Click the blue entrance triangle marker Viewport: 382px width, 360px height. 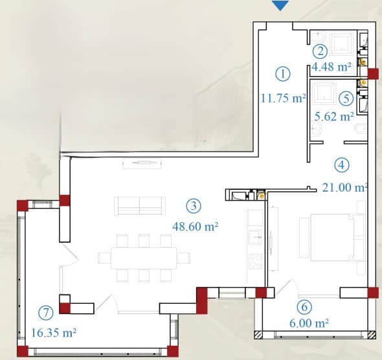pyautogui.click(x=280, y=5)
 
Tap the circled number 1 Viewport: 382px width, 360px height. pyautogui.click(x=283, y=74)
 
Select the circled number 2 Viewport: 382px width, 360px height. pyautogui.click(x=320, y=51)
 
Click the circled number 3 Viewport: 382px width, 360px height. pyautogui.click(x=194, y=206)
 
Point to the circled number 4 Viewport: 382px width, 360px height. pyautogui.click(x=342, y=165)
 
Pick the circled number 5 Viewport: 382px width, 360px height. pyautogui.click(x=346, y=98)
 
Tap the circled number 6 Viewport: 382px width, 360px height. pyautogui.click(x=304, y=307)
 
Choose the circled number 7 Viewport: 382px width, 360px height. pyautogui.click(x=46, y=313)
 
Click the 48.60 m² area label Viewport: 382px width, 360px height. pyautogui.click(x=195, y=227)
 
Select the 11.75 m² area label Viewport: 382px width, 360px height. pyautogui.click(x=284, y=98)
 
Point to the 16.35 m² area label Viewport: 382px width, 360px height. pyautogui.click(x=54, y=333)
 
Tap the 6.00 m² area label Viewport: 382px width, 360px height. pyautogui.click(x=309, y=323)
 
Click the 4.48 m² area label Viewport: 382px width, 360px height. pyautogui.click(x=331, y=67)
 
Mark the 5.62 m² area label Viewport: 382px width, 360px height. pyautogui.click(x=334, y=117)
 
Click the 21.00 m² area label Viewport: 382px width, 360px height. pyautogui.click(x=344, y=188)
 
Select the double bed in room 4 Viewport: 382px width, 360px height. pyautogui.click(x=337, y=238)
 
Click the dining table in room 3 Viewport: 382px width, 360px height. pyautogui.click(x=144, y=258)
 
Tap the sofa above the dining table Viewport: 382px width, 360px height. pyautogui.click(x=140, y=206)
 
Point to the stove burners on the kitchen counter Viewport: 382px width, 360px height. pyautogui.click(x=255, y=261)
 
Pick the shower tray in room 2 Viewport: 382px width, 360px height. pyautogui.click(x=341, y=42)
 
